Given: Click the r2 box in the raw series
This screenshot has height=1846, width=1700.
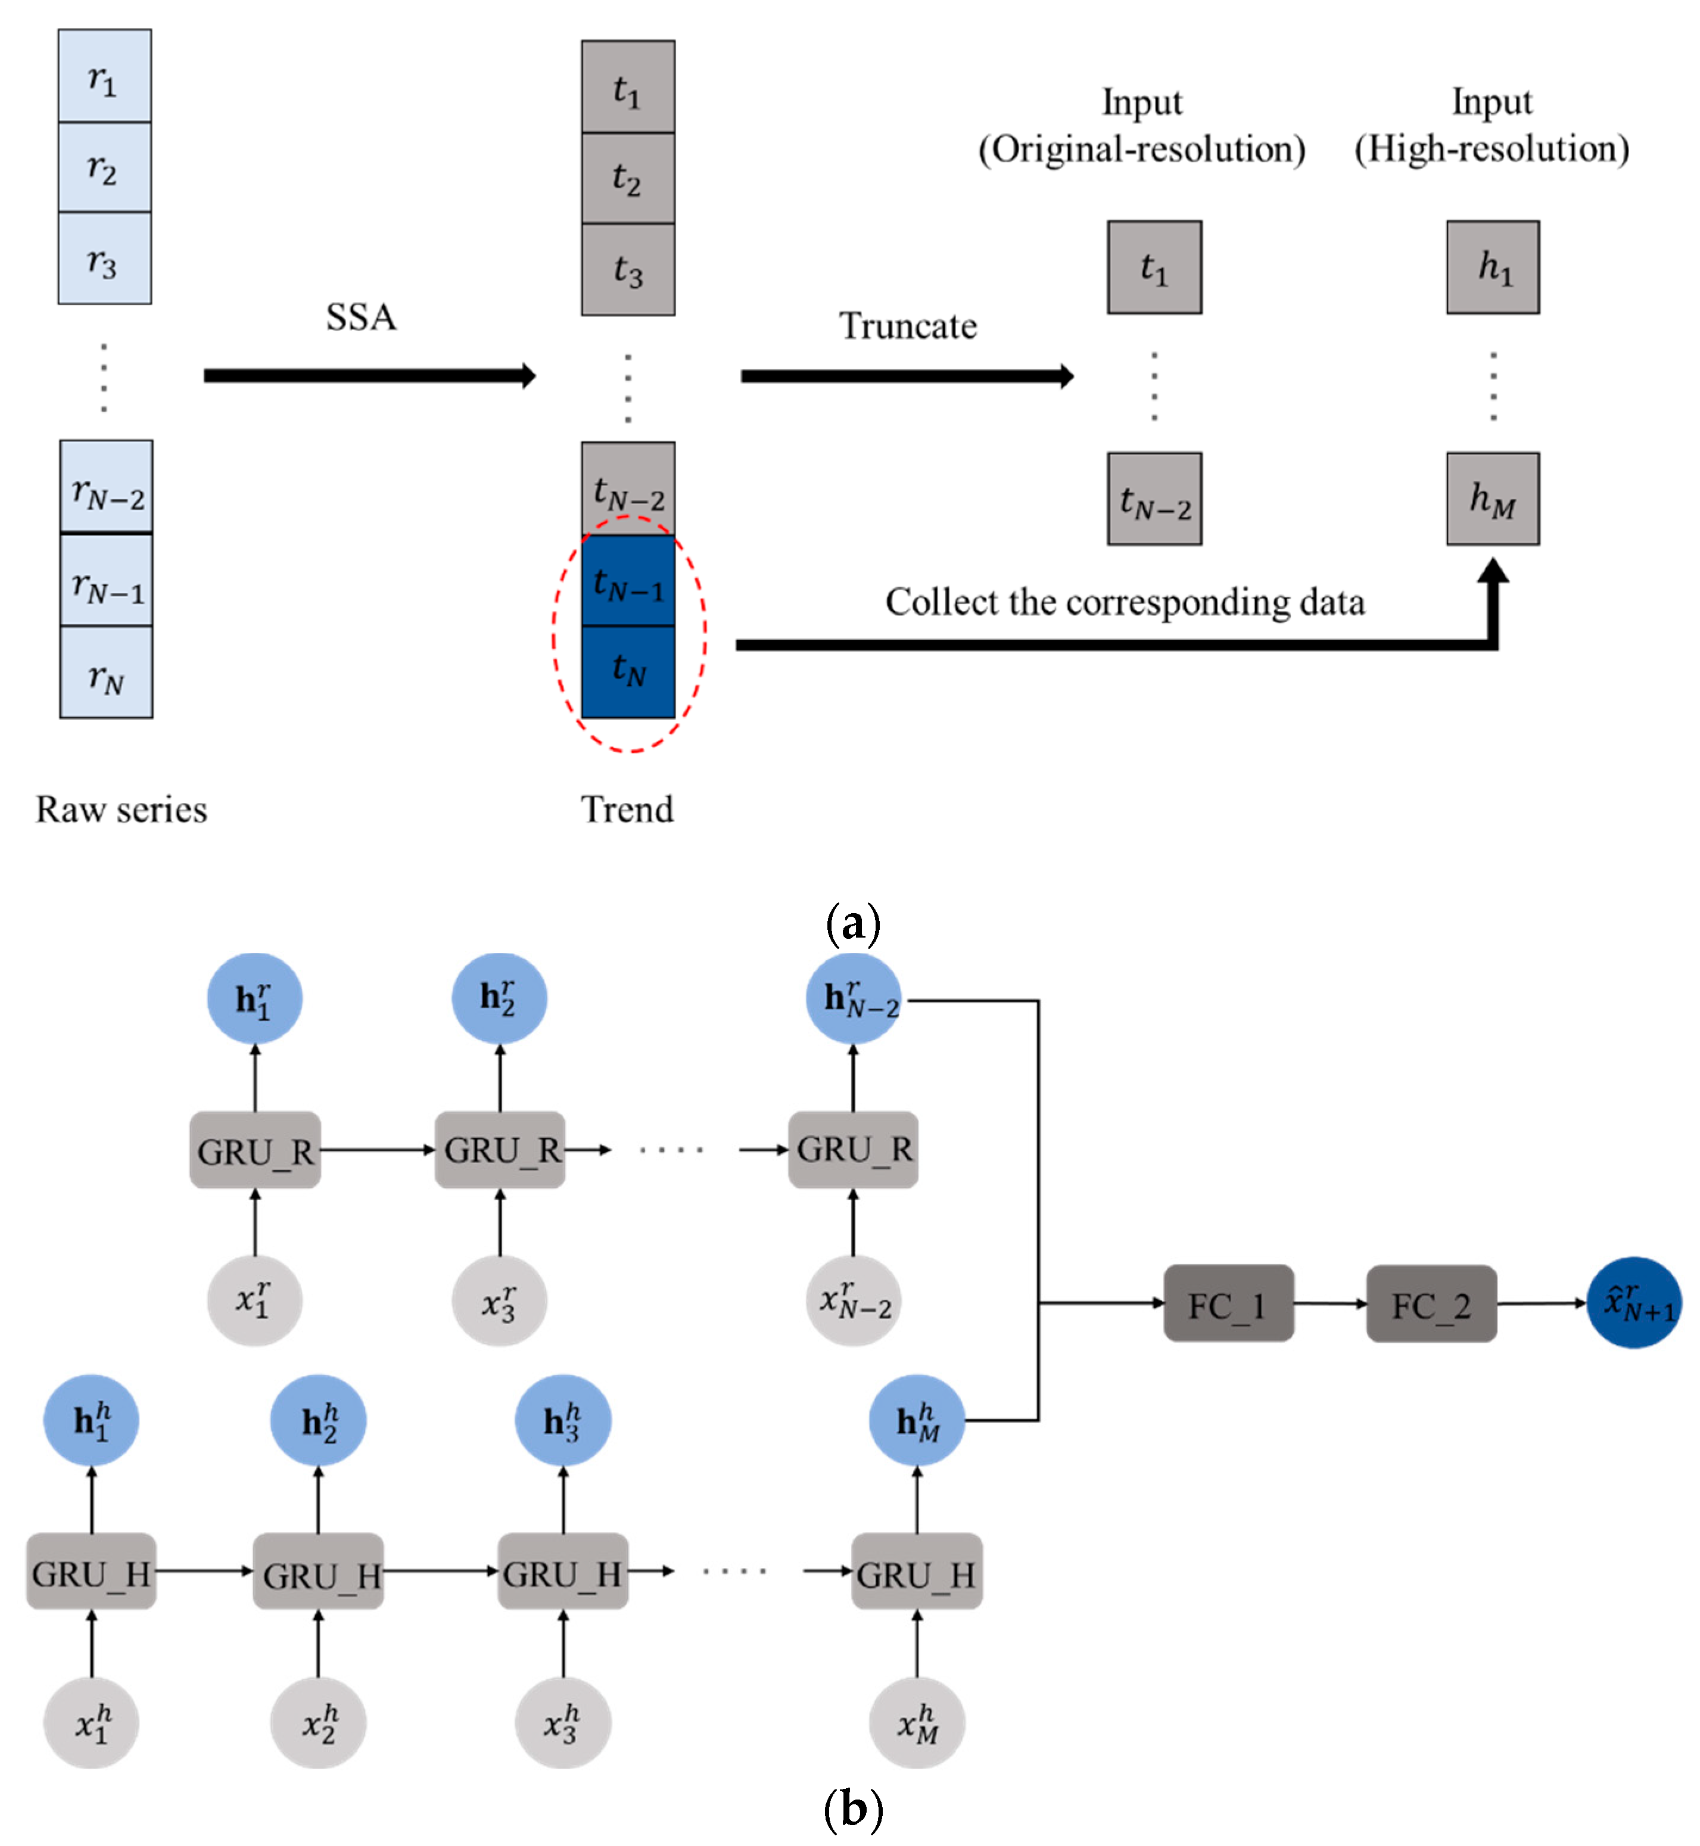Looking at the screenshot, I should (104, 167).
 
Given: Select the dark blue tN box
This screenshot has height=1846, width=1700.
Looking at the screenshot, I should (628, 671).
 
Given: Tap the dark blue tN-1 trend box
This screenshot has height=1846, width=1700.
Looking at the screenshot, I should (628, 581).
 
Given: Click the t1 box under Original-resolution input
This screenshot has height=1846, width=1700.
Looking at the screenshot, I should (1154, 267).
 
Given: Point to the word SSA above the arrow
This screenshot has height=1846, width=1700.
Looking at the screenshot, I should (360, 317).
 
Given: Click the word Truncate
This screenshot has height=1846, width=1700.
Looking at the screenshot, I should (907, 326).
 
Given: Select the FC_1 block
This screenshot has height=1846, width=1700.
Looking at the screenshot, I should (1228, 1303).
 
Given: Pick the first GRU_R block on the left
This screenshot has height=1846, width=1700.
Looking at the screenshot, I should (255, 1150).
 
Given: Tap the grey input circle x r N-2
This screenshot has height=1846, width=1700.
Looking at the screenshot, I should (854, 1300).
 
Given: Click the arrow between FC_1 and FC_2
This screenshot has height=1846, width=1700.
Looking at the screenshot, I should (1330, 1303).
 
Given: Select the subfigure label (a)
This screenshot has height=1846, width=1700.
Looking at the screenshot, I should (853, 923).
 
